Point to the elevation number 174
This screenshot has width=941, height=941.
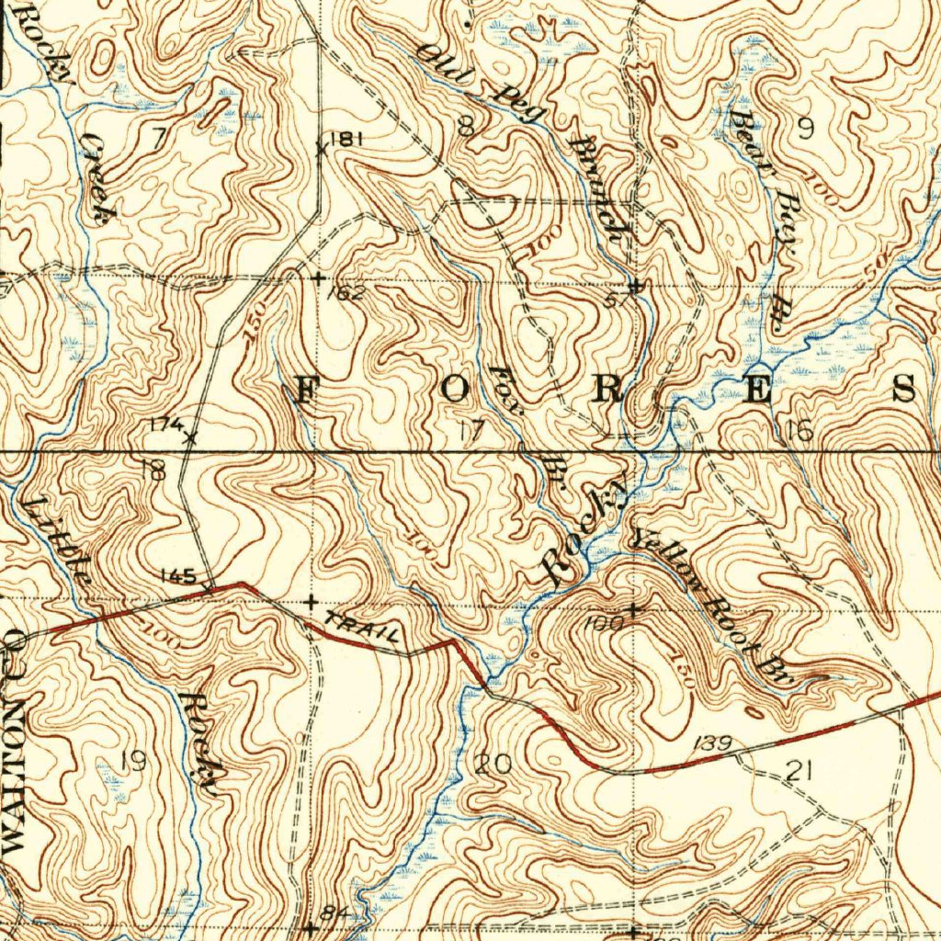pos(166,424)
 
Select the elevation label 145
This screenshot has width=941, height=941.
pos(176,576)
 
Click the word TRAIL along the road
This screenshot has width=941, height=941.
pos(364,629)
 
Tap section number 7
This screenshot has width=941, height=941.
pos(158,138)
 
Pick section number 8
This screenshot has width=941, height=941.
pos(467,127)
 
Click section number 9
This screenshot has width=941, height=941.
pos(805,129)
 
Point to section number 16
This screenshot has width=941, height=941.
pos(799,430)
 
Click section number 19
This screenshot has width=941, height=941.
pos(133,761)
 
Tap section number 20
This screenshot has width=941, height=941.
pos(494,763)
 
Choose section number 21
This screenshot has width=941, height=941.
pos(799,770)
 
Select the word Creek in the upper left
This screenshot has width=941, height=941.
pos(97,178)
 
